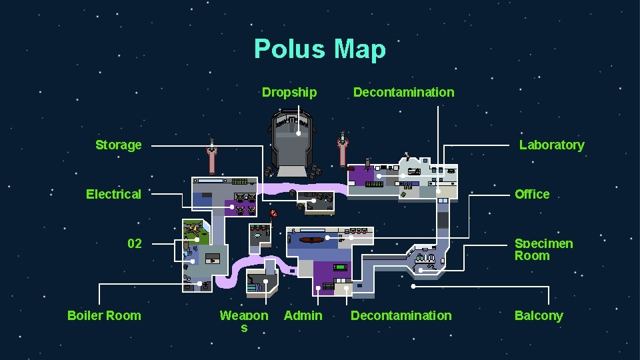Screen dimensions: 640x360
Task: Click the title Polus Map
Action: [x=319, y=49]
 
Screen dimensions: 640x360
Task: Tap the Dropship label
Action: [x=289, y=92]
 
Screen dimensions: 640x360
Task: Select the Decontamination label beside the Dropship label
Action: [x=403, y=92]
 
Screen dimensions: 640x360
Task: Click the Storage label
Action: [x=119, y=145]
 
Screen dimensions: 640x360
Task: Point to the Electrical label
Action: [x=113, y=194]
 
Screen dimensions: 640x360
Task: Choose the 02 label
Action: [x=135, y=243]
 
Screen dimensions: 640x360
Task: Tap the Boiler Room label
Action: [x=104, y=315]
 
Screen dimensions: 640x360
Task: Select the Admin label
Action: [x=303, y=315]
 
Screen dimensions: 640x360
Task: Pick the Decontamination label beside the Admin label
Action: [x=401, y=315]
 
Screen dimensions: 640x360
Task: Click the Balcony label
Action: [x=539, y=315]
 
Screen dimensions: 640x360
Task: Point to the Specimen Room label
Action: [x=543, y=249]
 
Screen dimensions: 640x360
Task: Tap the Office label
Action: [x=532, y=194]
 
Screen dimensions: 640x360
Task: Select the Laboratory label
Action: [x=551, y=145]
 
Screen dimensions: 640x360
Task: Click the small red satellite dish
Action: [x=273, y=214]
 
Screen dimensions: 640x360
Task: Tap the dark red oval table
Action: [x=311, y=239]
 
